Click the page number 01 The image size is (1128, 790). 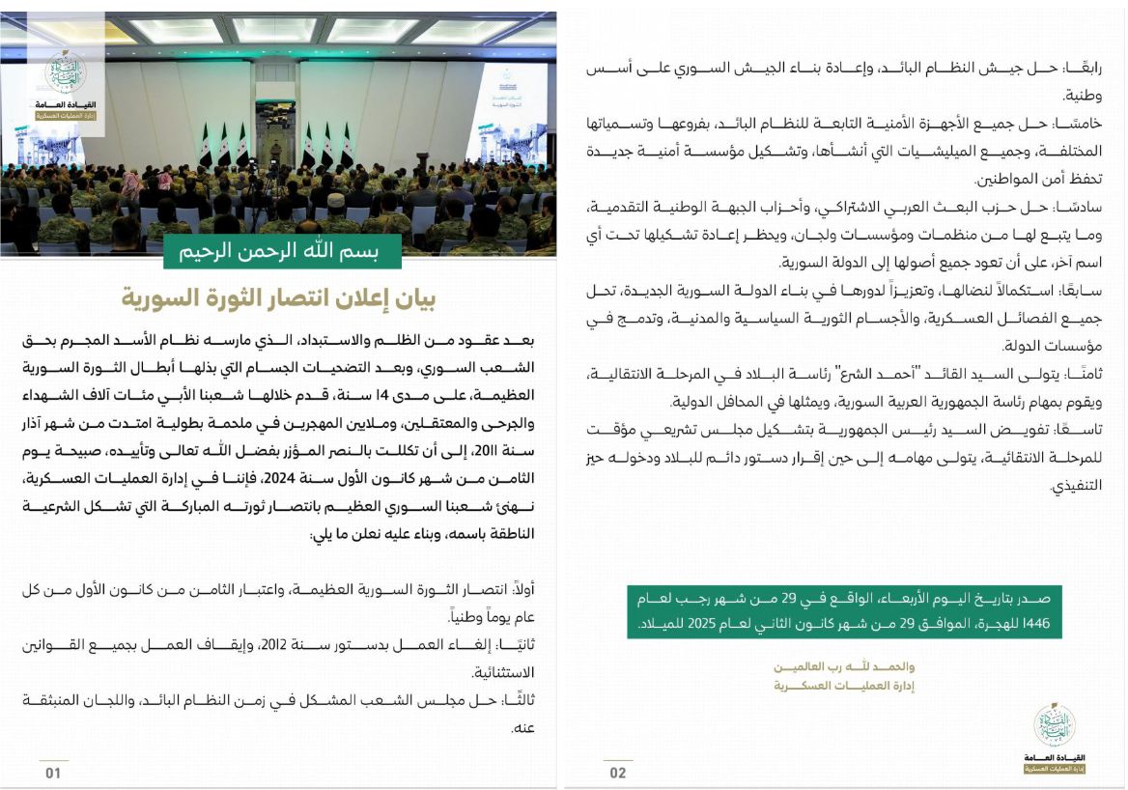tap(53, 773)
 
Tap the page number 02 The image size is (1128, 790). tap(617, 773)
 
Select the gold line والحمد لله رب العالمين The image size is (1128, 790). tap(845, 667)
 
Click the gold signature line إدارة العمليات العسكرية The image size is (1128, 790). tap(845, 686)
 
